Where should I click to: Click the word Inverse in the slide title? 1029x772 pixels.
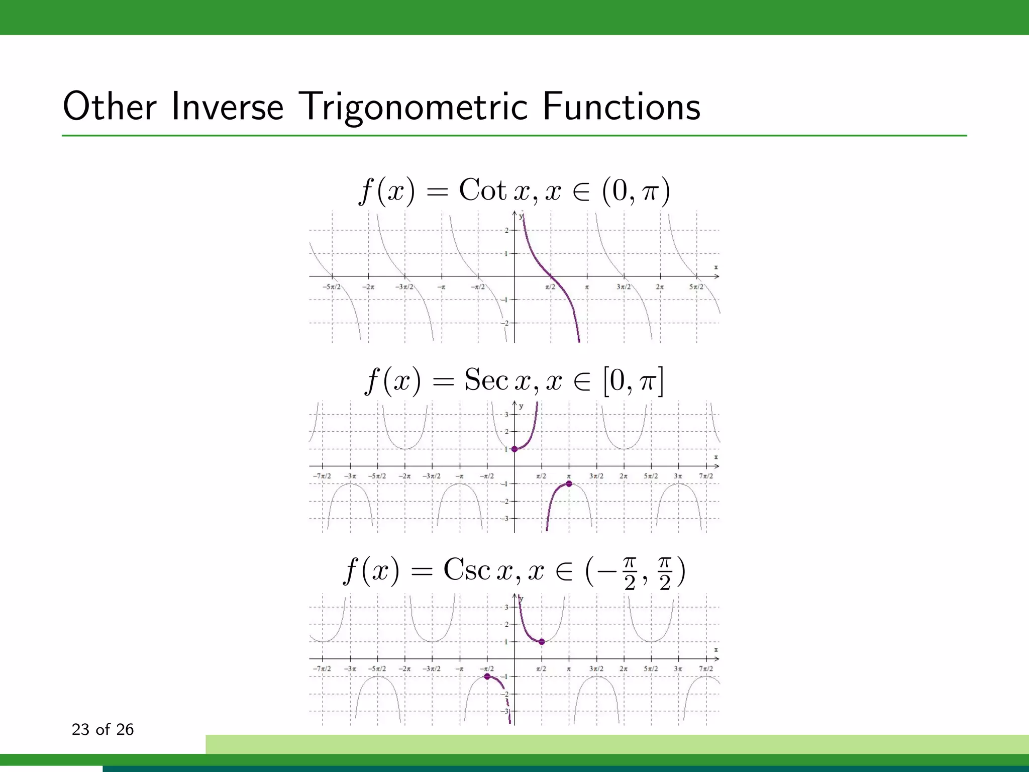pyautogui.click(x=227, y=107)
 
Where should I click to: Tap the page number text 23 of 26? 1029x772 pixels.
pyautogui.click(x=102, y=729)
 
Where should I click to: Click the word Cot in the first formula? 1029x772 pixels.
pyautogui.click(x=482, y=190)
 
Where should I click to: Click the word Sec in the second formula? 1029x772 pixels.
pyautogui.click(x=486, y=380)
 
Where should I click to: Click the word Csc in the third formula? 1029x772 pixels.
pyautogui.click(x=466, y=570)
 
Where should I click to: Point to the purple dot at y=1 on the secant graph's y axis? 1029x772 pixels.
pyautogui.click(x=514, y=449)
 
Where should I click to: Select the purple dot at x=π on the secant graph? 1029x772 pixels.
pyautogui.click(x=569, y=484)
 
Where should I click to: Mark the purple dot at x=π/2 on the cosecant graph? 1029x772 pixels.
pyautogui.click(x=542, y=642)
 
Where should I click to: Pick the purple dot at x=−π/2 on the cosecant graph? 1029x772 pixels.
pyautogui.click(x=487, y=677)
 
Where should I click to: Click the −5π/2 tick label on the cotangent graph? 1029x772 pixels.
pyautogui.click(x=332, y=287)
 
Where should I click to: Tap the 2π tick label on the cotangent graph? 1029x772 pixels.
pyautogui.click(x=660, y=287)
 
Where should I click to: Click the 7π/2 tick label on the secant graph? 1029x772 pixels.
pyautogui.click(x=705, y=476)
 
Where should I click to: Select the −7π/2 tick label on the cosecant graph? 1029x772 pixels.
pyautogui.click(x=322, y=669)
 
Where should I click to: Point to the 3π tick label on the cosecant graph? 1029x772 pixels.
pyautogui.click(x=678, y=669)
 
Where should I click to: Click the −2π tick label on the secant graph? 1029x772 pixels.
pyautogui.click(x=404, y=476)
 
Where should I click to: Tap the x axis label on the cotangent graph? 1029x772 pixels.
pyautogui.click(x=716, y=267)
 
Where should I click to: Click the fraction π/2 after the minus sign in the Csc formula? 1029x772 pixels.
pyautogui.click(x=630, y=574)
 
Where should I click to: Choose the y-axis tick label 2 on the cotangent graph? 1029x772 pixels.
pyautogui.click(x=506, y=231)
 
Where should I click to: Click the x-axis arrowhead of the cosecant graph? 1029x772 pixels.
pyautogui.click(x=717, y=659)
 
